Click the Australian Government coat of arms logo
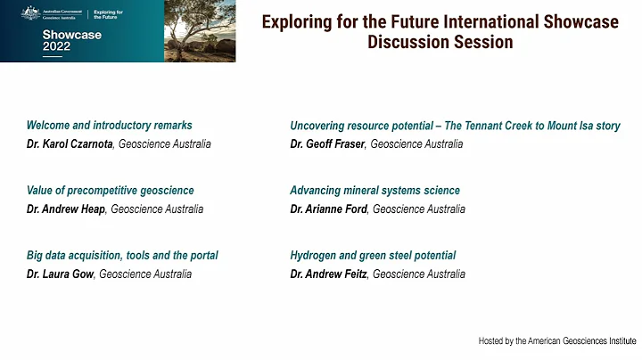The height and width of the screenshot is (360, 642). pos(29,12)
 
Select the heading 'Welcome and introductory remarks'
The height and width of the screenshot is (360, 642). pos(110,126)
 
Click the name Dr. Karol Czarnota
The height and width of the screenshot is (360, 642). pos(68,143)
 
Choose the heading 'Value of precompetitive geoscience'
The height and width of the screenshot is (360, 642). pos(111,191)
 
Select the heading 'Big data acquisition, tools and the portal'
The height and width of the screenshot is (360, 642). pos(122,256)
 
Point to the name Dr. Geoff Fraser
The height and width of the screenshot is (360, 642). pos(327,143)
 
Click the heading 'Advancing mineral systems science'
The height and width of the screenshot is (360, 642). pos(375,191)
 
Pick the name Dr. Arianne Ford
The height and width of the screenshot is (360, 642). pos(329,209)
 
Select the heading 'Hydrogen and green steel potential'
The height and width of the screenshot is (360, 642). pos(374,256)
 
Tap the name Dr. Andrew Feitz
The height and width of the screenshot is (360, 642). pos(329,274)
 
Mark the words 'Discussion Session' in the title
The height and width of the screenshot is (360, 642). pos(440,43)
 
